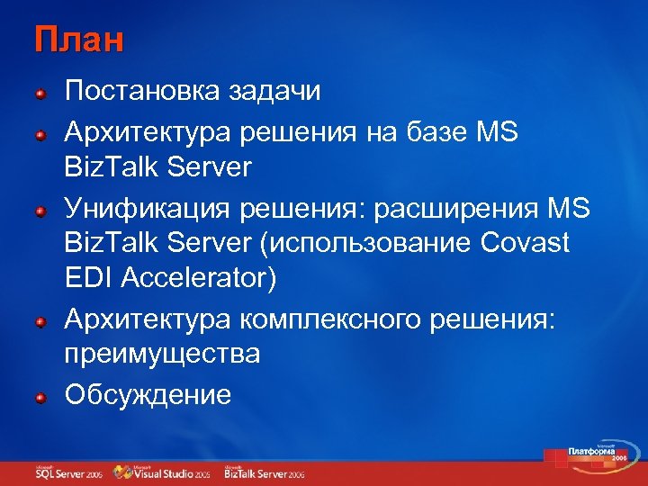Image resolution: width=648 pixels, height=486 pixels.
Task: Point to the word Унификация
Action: point(147,209)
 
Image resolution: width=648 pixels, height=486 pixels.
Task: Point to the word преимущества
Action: point(162,355)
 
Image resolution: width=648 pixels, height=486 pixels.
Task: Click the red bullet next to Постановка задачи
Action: point(40,93)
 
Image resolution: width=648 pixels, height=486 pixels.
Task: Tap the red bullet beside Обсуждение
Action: point(40,396)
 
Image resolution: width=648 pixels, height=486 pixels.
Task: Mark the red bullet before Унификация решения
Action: point(40,211)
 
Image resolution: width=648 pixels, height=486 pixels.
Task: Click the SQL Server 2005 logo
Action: point(68,472)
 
